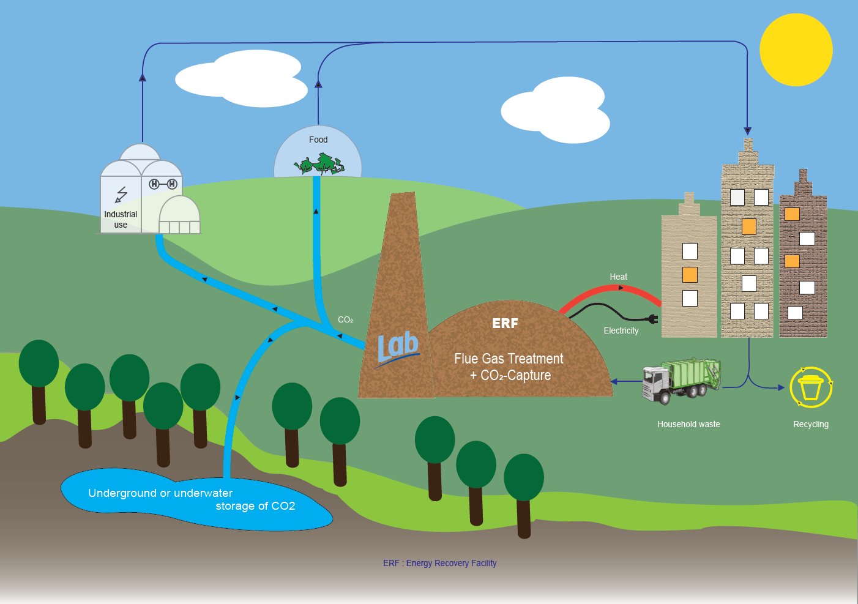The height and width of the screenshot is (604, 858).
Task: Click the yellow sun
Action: (x=796, y=50)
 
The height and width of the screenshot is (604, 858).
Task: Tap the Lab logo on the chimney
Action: (x=398, y=348)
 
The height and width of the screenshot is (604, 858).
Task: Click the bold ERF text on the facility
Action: (x=505, y=323)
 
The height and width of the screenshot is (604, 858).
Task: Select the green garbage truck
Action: (x=681, y=380)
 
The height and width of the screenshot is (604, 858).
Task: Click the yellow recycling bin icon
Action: (x=811, y=387)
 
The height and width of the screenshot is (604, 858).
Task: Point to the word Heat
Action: (x=618, y=277)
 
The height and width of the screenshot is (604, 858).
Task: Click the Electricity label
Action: (x=621, y=330)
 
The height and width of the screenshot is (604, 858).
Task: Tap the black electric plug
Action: (x=652, y=318)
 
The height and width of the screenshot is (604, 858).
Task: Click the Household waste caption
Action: (x=688, y=424)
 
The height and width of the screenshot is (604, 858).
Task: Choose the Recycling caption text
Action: (x=810, y=424)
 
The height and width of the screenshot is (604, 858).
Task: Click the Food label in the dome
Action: (x=318, y=140)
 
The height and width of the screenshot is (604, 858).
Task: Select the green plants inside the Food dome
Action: (x=319, y=164)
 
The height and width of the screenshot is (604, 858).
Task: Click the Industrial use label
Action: (x=121, y=219)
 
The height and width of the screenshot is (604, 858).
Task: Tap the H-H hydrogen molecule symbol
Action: (x=163, y=184)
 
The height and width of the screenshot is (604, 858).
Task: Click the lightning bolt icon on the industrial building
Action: (x=121, y=195)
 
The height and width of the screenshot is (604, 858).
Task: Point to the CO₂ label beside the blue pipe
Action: (x=345, y=319)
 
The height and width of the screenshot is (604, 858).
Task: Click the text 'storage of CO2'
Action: (x=255, y=506)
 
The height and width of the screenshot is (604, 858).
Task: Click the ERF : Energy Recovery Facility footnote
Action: (x=439, y=563)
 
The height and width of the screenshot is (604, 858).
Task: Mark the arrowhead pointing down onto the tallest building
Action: (x=747, y=131)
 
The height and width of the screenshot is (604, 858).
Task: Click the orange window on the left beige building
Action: (x=690, y=275)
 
